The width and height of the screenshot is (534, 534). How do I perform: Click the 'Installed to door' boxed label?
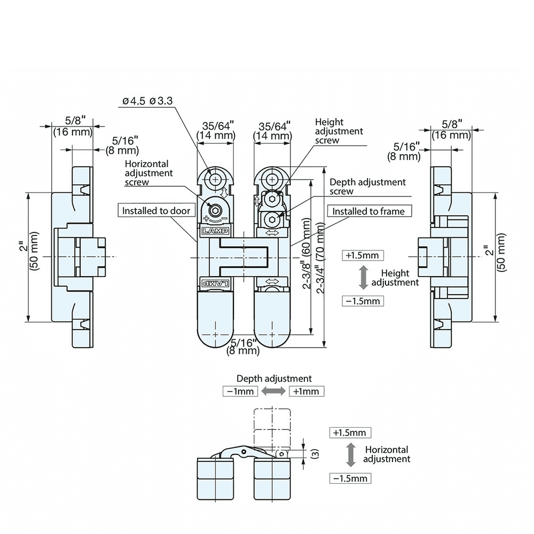coord(156,211)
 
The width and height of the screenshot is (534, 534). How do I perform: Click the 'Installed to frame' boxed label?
coord(369,211)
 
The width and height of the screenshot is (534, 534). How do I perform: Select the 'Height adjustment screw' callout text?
coord(339,131)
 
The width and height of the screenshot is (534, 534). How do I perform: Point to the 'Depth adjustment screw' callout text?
coord(367,186)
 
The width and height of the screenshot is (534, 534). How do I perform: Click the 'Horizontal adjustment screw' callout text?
coord(148,172)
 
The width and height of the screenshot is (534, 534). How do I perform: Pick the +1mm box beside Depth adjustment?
coord(306,391)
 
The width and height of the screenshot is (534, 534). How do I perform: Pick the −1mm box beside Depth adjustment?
coord(240,391)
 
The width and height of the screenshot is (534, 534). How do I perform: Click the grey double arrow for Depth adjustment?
coord(273,391)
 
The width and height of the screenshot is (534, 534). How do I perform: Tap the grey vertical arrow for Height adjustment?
coord(363,278)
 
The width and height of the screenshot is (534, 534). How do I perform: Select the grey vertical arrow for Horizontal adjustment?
coord(351,454)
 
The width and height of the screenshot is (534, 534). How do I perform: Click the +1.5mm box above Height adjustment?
coord(363,255)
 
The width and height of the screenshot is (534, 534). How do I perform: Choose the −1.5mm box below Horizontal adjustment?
coord(350,478)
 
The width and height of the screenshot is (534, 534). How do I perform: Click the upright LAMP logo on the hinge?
coord(215,231)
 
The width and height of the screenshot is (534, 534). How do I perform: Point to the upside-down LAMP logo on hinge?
coord(215,282)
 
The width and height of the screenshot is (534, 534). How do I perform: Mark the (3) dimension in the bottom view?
coord(315,453)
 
